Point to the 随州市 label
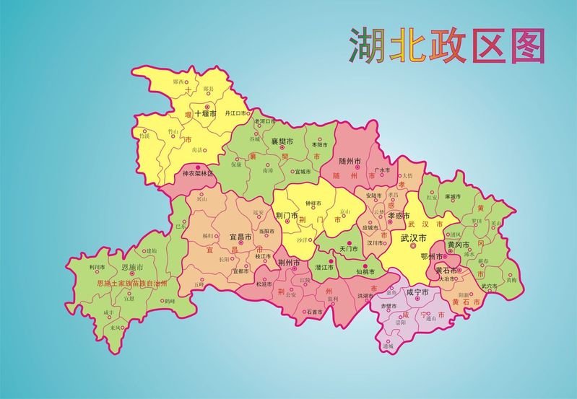(350, 161)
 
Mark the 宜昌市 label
(240, 237)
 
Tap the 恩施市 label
(132, 268)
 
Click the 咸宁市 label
(417, 293)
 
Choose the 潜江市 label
(323, 268)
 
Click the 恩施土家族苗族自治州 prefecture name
(132, 284)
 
